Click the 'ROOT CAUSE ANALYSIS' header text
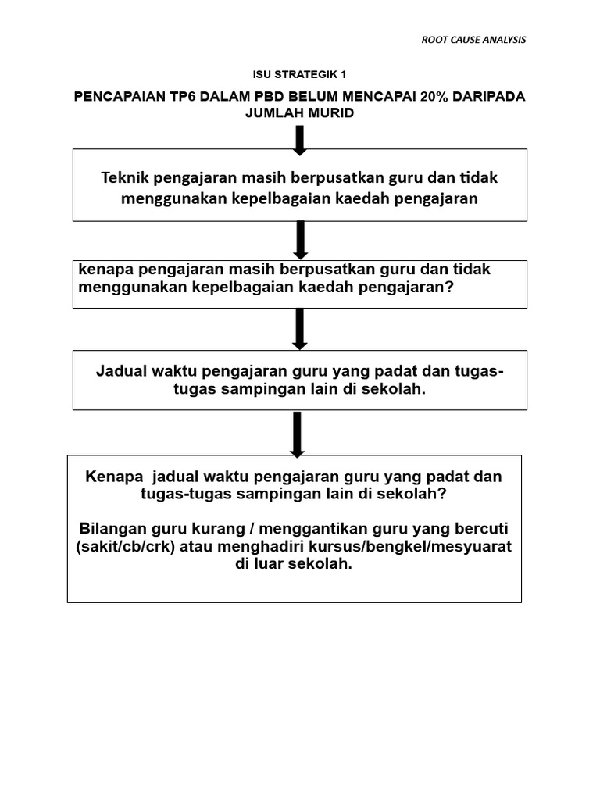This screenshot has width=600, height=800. pyautogui.click(x=473, y=40)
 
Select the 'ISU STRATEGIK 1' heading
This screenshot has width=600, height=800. pyautogui.click(x=299, y=75)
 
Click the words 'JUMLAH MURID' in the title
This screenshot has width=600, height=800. pyautogui.click(x=299, y=112)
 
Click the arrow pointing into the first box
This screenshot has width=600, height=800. pyautogui.click(x=299, y=138)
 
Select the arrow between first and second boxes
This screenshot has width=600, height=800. pyautogui.click(x=299, y=239)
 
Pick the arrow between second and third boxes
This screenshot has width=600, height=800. pyautogui.click(x=299, y=328)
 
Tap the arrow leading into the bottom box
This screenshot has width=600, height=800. pyautogui.click(x=297, y=433)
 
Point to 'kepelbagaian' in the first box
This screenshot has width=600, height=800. pyautogui.click(x=282, y=198)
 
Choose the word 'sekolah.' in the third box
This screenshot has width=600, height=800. pyautogui.click(x=397, y=388)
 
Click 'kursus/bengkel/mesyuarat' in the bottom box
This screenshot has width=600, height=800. pyautogui.click(x=428, y=546)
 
